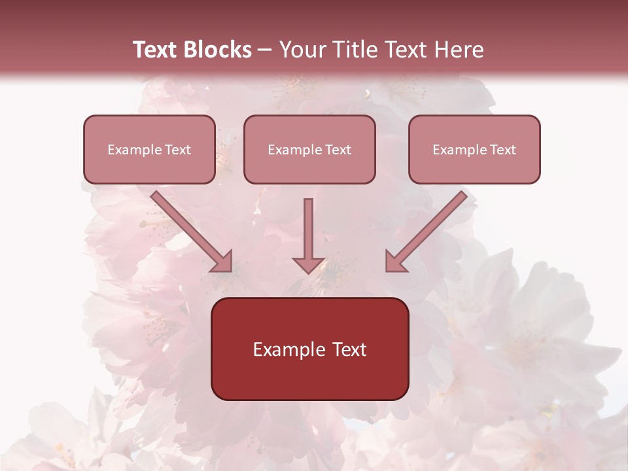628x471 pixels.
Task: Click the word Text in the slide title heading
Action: click(156, 50)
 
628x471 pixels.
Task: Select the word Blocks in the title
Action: click(217, 50)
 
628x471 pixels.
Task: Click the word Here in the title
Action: click(458, 50)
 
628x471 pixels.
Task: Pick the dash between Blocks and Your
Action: click(265, 50)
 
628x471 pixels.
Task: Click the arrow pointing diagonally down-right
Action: click(192, 232)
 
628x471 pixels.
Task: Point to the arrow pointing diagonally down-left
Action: click(427, 232)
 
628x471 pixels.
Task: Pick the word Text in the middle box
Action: click(338, 150)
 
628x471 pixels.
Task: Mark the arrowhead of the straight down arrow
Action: click(309, 264)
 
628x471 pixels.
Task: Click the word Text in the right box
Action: click(503, 150)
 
